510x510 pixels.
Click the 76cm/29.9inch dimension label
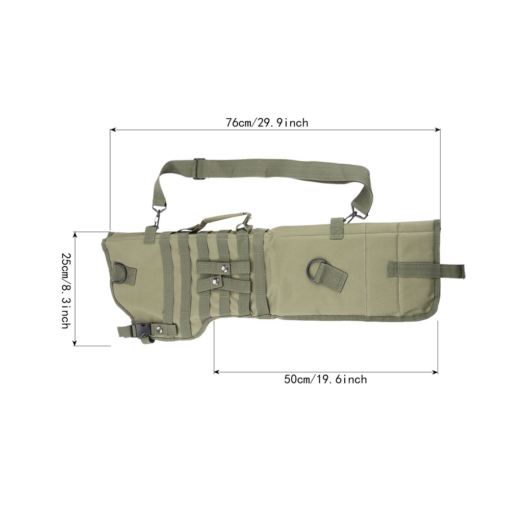pos(267,123)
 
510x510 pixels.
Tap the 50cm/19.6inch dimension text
pos(325,379)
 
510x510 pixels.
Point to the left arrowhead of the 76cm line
pos(113,130)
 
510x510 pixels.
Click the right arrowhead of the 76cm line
pos(438,130)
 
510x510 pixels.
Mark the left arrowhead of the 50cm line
pos(217,372)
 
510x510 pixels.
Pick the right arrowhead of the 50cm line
pos(435,372)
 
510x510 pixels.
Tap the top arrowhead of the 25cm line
pos(75,235)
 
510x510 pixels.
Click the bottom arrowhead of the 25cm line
pos(75,343)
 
